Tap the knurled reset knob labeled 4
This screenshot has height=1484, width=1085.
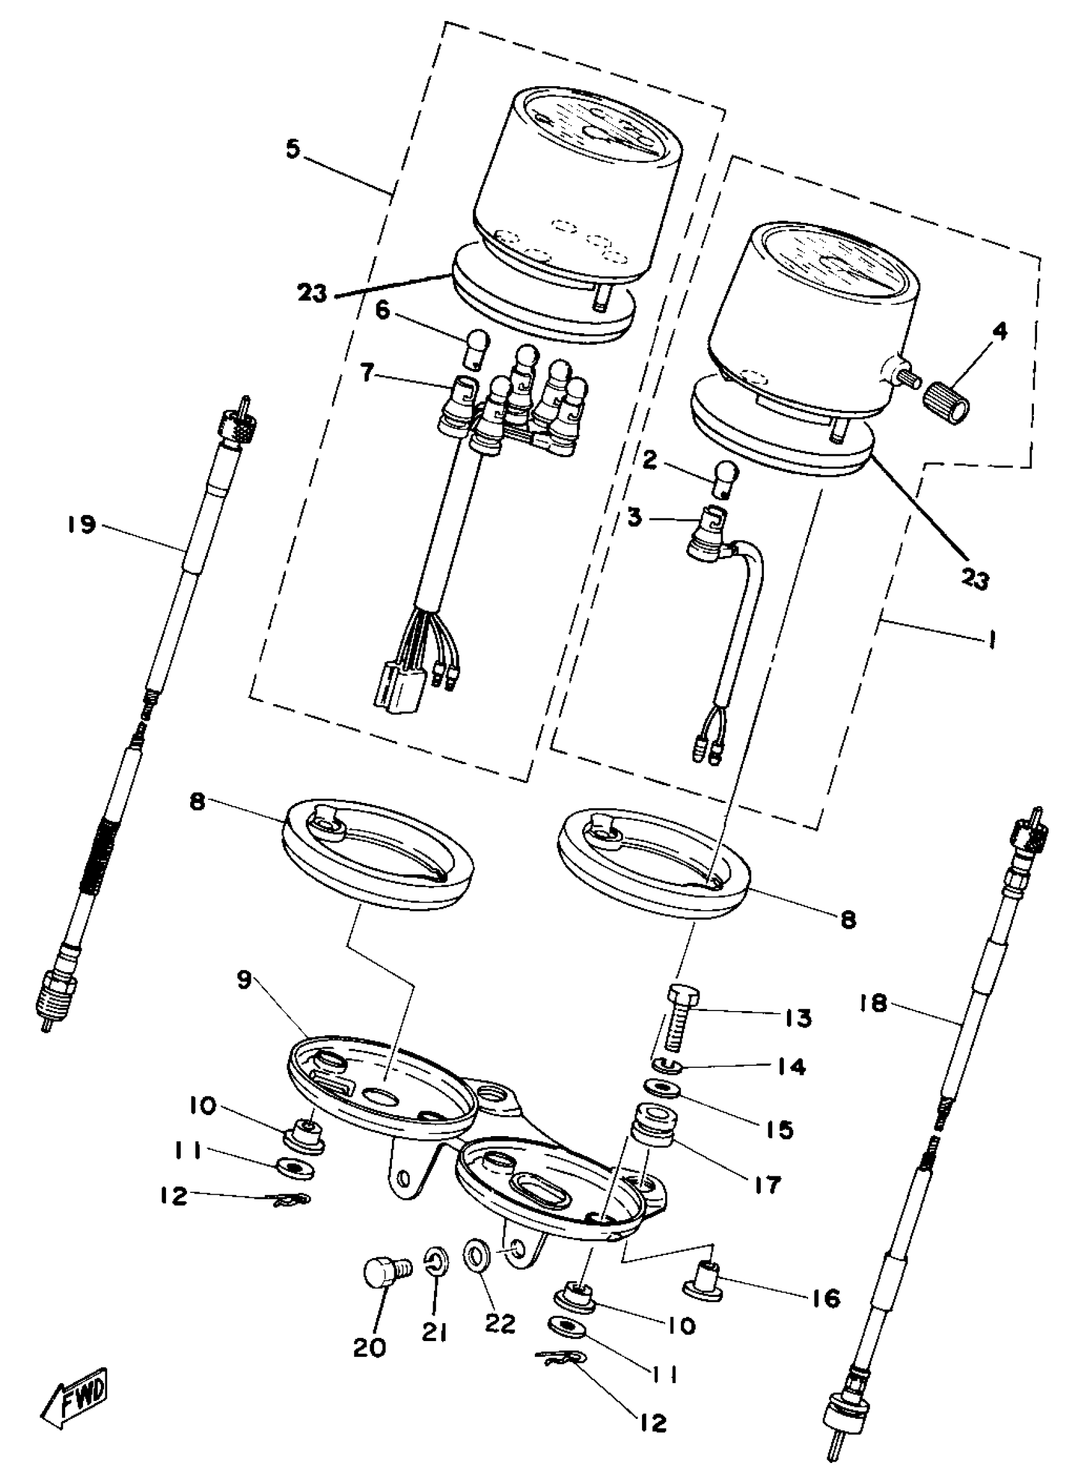[x=947, y=403]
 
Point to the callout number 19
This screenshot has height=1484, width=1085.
[x=80, y=525]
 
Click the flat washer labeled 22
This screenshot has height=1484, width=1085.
[x=477, y=1255]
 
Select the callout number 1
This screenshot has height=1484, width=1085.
[x=991, y=639]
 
